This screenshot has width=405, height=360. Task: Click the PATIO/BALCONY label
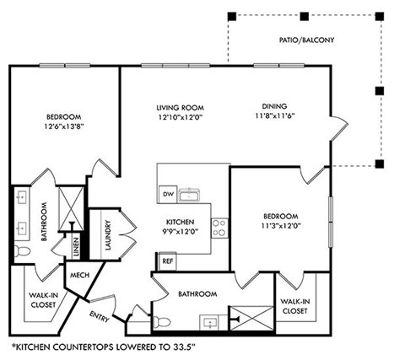click(307, 40)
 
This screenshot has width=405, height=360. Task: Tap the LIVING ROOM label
click(180, 107)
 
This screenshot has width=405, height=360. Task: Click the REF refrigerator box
click(167, 262)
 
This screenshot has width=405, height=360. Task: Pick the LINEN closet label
click(76, 248)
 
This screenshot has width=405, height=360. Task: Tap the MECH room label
click(81, 275)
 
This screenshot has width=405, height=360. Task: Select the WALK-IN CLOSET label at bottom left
click(38, 300)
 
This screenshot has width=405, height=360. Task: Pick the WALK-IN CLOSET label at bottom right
click(294, 306)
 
